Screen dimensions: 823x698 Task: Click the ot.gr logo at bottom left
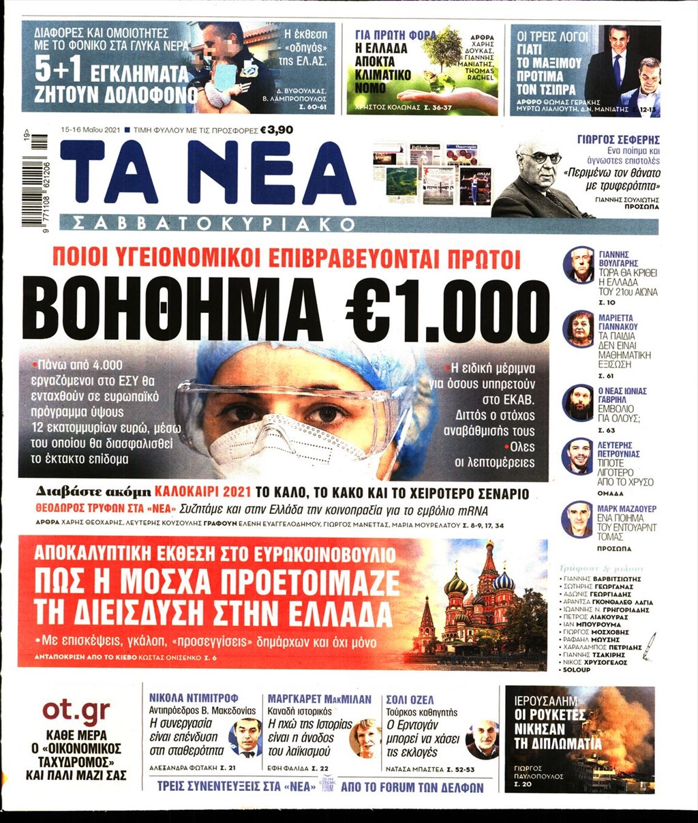click(76, 712)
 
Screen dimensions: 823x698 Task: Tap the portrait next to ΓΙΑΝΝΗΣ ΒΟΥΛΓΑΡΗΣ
click(578, 265)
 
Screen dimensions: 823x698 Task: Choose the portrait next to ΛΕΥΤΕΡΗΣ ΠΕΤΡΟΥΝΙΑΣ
click(578, 456)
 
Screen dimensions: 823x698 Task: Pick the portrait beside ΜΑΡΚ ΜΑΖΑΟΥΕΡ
click(578, 520)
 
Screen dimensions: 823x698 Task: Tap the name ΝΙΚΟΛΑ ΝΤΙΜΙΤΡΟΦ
click(193, 700)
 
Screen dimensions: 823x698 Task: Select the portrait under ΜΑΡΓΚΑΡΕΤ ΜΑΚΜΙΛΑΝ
click(365, 738)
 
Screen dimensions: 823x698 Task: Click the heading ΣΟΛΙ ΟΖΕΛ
click(410, 700)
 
